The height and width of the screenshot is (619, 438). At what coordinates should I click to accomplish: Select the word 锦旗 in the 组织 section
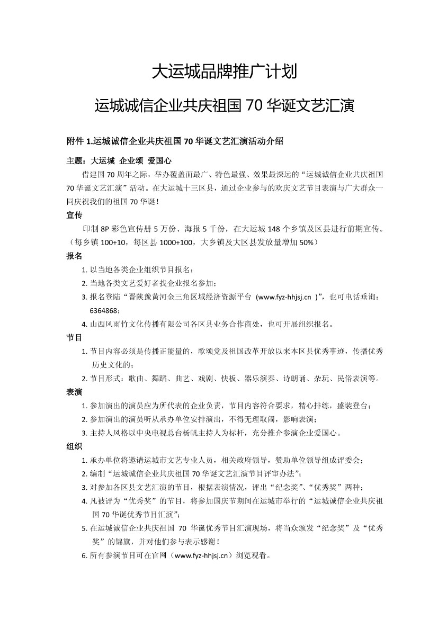tap(124, 542)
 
